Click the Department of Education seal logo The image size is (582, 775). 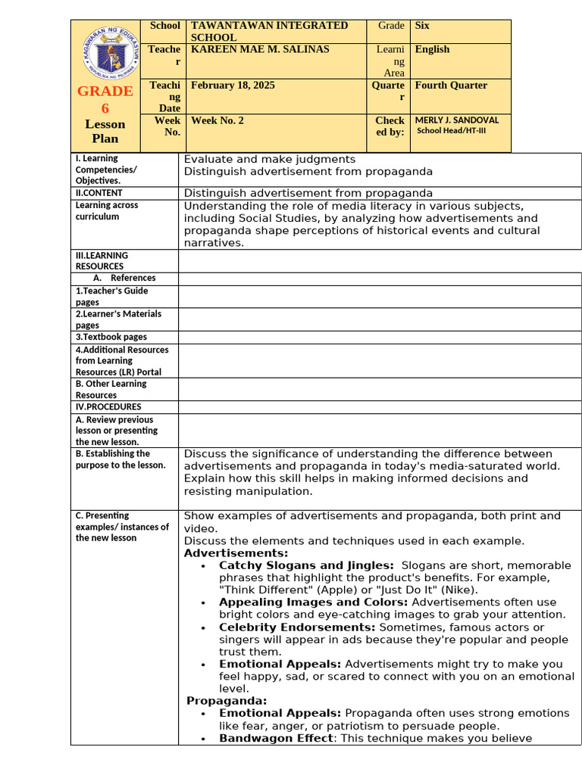(x=105, y=51)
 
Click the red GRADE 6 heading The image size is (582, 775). (x=105, y=99)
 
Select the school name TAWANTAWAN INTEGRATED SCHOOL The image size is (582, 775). (x=269, y=31)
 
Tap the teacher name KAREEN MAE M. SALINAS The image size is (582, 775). (x=260, y=49)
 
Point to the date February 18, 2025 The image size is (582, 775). (x=233, y=86)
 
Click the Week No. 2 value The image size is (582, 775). (x=217, y=120)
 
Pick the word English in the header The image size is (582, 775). (x=432, y=49)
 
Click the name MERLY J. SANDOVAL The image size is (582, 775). (x=457, y=120)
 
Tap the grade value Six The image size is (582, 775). (x=421, y=26)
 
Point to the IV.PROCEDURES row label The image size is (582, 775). (x=108, y=407)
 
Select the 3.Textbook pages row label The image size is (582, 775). (x=111, y=337)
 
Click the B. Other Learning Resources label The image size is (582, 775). (x=111, y=389)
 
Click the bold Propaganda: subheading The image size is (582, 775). (x=227, y=701)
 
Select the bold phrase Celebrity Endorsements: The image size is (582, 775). (x=297, y=627)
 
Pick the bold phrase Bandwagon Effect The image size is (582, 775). (x=276, y=738)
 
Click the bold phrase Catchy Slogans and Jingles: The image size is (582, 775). (x=306, y=565)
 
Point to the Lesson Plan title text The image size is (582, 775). (x=105, y=131)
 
